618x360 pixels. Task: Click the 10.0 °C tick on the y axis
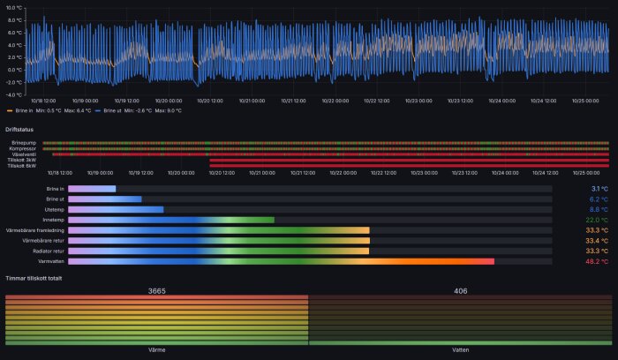tap(12, 8)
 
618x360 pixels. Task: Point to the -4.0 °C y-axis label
tap(12, 94)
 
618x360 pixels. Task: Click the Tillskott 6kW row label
tap(21, 165)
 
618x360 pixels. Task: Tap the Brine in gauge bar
tap(92, 189)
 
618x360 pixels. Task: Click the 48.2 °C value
tap(597, 261)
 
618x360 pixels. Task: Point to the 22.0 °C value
tap(597, 220)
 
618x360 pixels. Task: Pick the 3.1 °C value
tap(599, 189)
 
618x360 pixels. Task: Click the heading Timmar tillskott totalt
tap(36, 278)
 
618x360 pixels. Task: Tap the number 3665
tap(156, 290)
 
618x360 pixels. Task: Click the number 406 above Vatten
tap(460, 290)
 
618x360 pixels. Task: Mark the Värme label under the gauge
tap(156, 350)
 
